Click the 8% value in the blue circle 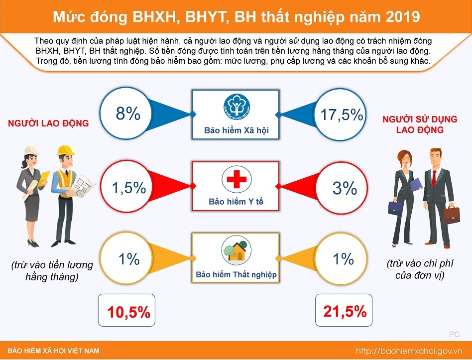click(x=128, y=114)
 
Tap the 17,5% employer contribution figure click(x=342, y=115)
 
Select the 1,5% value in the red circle click(x=128, y=188)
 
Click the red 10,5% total click(x=128, y=312)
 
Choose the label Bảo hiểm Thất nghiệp click(x=236, y=274)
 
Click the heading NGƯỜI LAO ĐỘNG click(x=48, y=123)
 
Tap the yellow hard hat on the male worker click(x=66, y=150)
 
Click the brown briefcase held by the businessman click(x=452, y=215)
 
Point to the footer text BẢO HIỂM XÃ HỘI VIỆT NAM click(x=53, y=351)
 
